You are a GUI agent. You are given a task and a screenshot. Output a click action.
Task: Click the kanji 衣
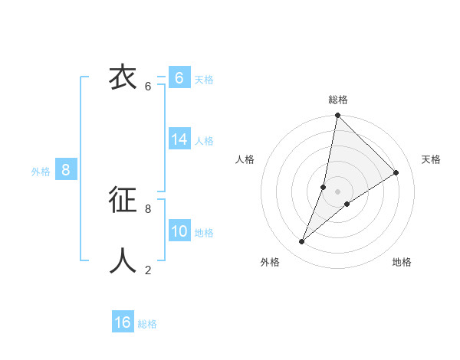coord(123,79)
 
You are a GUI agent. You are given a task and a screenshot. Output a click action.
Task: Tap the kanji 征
coord(123,200)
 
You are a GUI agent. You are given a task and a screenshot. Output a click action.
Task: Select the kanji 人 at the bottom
coord(123,260)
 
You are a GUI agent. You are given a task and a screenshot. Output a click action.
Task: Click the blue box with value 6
coord(179,78)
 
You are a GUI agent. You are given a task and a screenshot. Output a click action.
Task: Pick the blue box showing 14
coord(179,139)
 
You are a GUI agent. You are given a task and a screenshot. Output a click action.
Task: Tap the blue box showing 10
coord(179,231)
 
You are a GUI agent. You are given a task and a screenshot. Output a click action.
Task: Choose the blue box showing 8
coord(66,170)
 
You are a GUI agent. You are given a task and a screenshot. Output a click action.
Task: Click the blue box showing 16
coord(123,322)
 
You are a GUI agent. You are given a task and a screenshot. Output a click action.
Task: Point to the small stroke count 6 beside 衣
coord(148,87)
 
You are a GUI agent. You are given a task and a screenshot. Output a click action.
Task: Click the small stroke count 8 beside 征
coord(148,208)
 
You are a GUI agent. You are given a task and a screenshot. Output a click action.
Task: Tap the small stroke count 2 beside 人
coord(148,270)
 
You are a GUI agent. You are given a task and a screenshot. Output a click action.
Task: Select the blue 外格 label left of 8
coord(41,172)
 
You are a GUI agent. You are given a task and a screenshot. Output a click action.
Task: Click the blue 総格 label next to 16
coord(147,324)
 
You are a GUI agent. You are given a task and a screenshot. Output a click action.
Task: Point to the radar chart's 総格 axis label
coord(338,100)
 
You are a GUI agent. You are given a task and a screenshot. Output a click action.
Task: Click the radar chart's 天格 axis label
coord(431,159)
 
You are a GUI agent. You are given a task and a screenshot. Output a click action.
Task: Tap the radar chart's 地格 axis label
coord(402,262)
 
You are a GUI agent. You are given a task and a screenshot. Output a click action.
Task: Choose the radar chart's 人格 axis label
coord(245,159)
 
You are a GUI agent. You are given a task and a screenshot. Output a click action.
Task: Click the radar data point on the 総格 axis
coord(338,116)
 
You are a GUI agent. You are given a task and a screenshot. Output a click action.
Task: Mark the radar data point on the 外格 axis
coord(302,242)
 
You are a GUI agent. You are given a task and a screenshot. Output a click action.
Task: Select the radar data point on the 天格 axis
coord(396,173)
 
